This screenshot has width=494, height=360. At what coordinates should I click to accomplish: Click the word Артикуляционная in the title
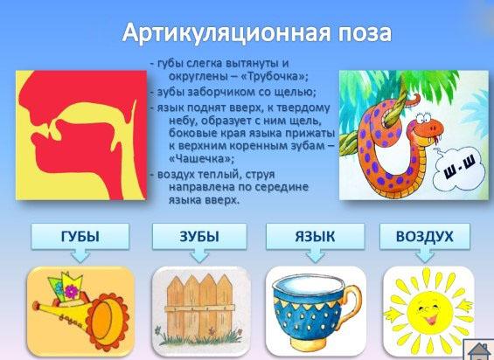[226, 32]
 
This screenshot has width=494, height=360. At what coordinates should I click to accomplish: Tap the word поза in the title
[365, 32]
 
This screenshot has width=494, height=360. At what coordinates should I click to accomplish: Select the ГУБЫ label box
[80, 236]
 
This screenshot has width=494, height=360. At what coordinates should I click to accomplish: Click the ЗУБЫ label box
[199, 236]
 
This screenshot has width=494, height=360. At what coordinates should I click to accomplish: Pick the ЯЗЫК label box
[315, 236]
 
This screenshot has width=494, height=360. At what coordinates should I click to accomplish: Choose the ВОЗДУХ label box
[424, 236]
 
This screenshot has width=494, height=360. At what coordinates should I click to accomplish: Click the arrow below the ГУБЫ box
[80, 256]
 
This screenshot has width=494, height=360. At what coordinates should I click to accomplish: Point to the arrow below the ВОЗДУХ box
[425, 256]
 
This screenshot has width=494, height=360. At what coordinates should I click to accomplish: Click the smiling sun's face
[427, 311]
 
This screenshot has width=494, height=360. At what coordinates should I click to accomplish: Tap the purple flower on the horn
[72, 291]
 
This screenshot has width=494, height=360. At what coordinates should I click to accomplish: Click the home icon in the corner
[479, 350]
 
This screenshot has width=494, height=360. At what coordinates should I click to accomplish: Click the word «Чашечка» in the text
[202, 158]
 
